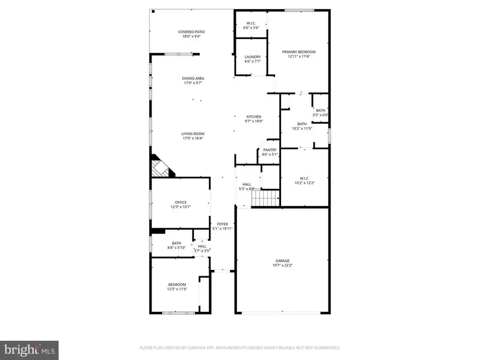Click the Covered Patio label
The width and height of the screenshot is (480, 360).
coord(191,32)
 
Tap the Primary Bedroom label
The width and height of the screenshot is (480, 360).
coord(299,52)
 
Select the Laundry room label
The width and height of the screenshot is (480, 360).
coord(253,57)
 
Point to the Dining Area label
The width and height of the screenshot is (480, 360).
coord(193,78)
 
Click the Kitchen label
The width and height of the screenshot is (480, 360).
coord(253,117)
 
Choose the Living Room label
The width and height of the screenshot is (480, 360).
coord(193,134)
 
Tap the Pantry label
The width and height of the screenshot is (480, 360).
coord(270,150)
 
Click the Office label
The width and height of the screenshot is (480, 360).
coord(181,202)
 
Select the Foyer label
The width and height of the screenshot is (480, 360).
coord(222,224)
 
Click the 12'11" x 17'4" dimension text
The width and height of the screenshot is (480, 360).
coord(299,57)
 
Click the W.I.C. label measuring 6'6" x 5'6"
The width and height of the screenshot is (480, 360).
coord(251,22)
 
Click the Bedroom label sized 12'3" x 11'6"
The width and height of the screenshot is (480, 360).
coord(177,284)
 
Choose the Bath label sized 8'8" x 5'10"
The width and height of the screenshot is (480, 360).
coord(177,243)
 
